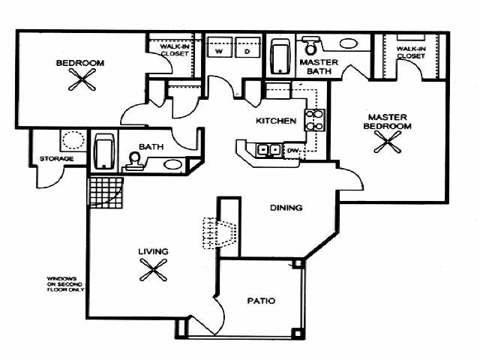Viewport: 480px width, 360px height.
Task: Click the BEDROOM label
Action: click(x=79, y=63)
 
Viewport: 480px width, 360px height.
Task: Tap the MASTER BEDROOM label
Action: click(x=388, y=121)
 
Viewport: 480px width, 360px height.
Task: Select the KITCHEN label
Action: click(x=275, y=121)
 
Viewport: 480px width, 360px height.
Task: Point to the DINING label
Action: click(x=287, y=208)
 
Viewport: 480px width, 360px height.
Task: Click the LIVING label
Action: click(x=152, y=251)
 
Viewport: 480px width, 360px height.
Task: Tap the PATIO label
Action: click(x=261, y=301)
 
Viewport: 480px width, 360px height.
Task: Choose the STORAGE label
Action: click(x=57, y=159)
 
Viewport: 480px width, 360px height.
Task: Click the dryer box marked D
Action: click(x=246, y=52)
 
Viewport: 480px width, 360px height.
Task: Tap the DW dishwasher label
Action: click(x=293, y=151)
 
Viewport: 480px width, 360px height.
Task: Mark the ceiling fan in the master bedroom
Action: click(x=389, y=144)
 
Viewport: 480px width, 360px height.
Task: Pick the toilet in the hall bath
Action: click(x=135, y=161)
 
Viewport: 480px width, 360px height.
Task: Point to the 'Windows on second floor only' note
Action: click(x=64, y=284)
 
